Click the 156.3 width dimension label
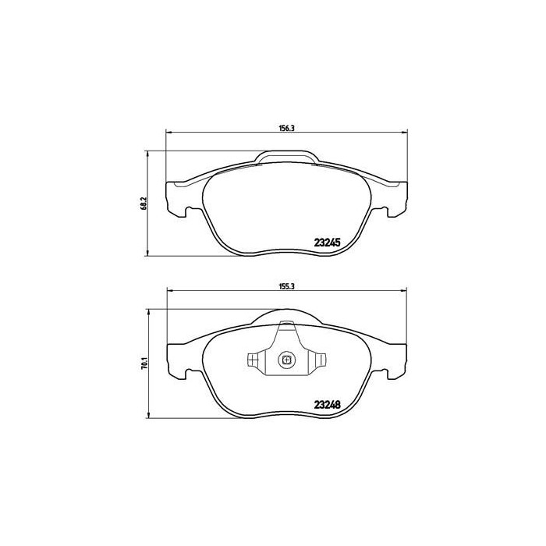(x=285, y=129)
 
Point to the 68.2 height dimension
(x=143, y=203)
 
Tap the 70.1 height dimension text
(x=143, y=363)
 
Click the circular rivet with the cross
(x=286, y=360)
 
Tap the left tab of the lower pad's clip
(x=254, y=360)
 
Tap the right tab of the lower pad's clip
(x=318, y=360)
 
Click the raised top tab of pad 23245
(x=285, y=158)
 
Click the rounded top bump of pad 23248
(x=286, y=314)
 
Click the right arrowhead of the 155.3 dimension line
(x=404, y=292)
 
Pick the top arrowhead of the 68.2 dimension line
(x=149, y=154)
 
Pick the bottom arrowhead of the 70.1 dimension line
(x=149, y=417)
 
